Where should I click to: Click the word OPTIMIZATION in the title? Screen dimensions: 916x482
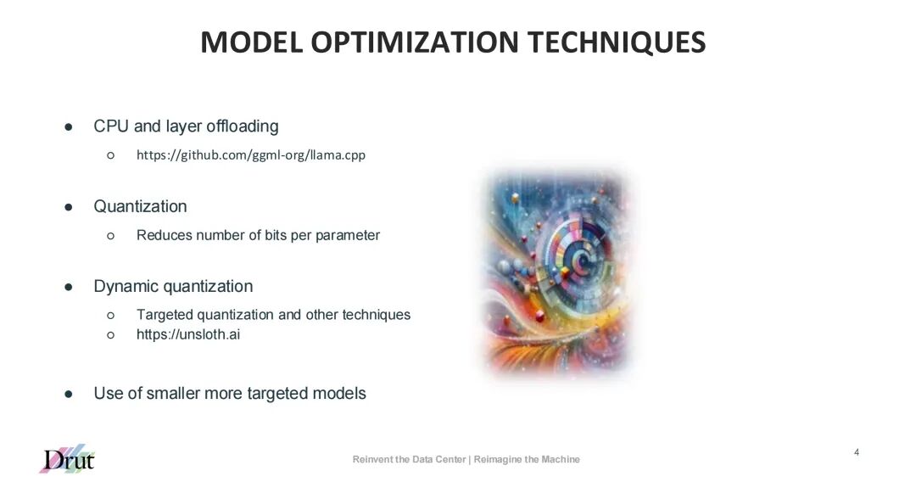click(x=414, y=42)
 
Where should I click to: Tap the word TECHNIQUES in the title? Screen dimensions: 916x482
click(x=617, y=42)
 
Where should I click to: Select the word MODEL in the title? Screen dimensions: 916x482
click(x=250, y=42)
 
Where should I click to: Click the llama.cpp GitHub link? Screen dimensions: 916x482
click(x=250, y=155)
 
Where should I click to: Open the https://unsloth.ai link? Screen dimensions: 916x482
click(x=188, y=334)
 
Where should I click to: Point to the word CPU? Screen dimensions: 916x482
click(x=111, y=126)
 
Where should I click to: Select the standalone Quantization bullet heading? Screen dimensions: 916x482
click(x=140, y=206)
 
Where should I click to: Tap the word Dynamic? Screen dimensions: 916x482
click(x=122, y=286)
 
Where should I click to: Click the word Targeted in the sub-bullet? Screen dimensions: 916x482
click(x=165, y=315)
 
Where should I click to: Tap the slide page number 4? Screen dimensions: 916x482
click(x=857, y=452)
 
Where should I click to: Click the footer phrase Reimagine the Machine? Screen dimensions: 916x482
click(x=527, y=459)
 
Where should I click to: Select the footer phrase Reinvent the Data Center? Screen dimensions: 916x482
click(x=409, y=459)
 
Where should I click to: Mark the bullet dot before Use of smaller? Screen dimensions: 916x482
click(x=69, y=394)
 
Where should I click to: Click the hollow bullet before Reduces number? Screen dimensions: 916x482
click(x=111, y=235)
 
